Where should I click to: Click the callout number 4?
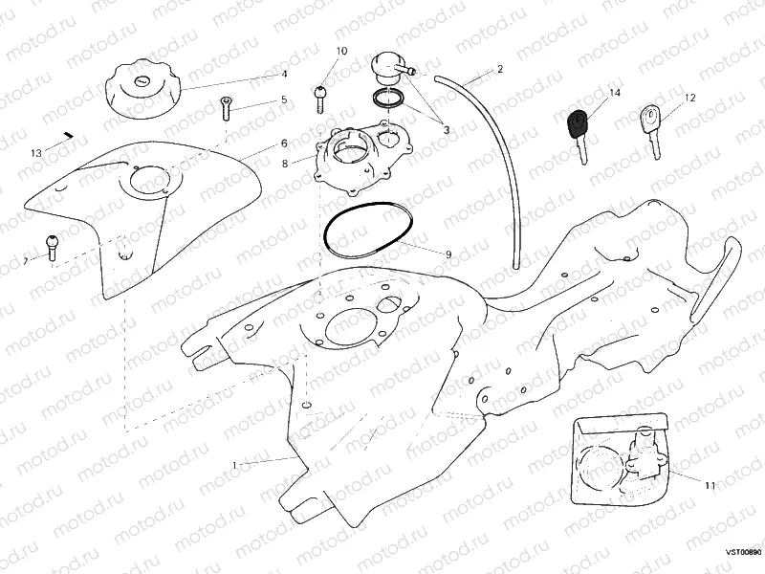(284, 74)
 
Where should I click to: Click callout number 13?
(36, 153)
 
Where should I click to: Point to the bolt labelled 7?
(52, 246)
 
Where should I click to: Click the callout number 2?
(499, 71)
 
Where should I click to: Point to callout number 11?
(710, 485)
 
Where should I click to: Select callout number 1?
(234, 465)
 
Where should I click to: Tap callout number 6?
(284, 143)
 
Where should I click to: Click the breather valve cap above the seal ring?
(387, 68)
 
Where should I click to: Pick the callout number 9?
(448, 254)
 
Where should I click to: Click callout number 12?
(689, 98)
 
